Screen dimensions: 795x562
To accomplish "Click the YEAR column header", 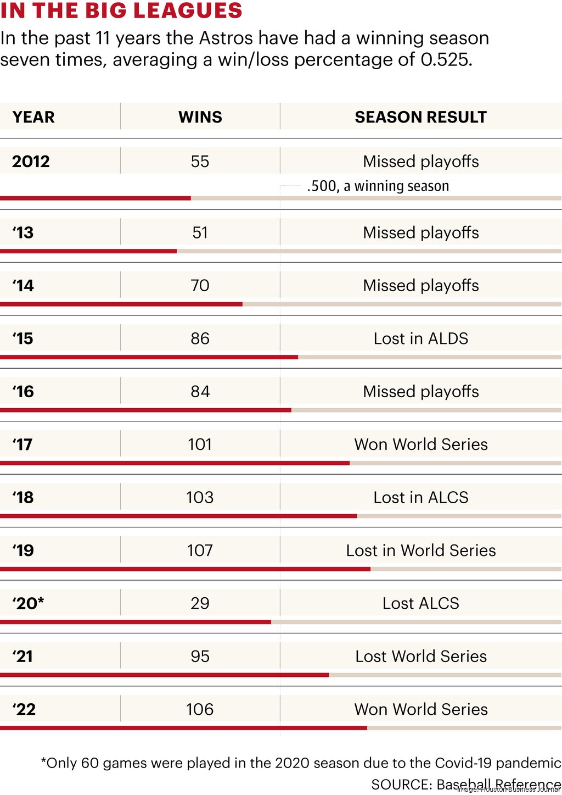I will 33,117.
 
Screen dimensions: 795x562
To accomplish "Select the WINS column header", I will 200,117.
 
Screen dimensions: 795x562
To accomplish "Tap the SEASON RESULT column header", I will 420,117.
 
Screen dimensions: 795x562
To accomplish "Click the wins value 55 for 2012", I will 200,162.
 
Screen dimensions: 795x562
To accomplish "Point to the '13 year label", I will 23,233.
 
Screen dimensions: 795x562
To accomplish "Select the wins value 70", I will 200,286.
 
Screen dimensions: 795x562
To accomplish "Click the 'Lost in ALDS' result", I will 420,338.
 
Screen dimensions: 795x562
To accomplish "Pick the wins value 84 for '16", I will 200,392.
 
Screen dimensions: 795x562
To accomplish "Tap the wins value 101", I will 200,444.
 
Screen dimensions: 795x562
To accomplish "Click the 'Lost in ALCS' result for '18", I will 420,498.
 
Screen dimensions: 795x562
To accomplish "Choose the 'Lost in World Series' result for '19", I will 420,551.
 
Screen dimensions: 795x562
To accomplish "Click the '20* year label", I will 28,603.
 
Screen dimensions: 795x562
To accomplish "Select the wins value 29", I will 200,603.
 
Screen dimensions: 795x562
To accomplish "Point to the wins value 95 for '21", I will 200,657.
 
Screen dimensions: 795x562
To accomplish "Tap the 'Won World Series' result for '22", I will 420,709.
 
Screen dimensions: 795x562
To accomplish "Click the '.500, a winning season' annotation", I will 378,186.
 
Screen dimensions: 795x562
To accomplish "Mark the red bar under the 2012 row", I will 95,198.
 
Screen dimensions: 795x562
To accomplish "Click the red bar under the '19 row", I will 185,569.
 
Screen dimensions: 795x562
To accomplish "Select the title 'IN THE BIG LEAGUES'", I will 121,10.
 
